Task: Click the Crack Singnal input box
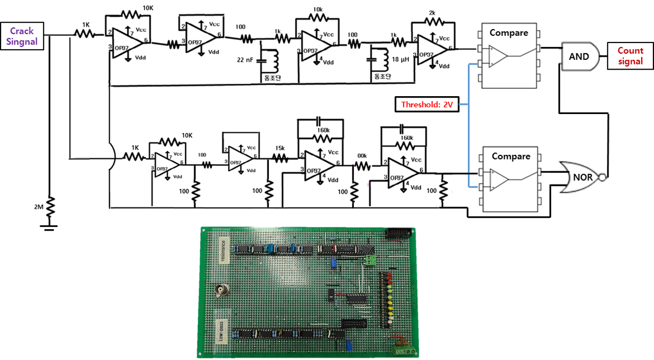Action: (24, 36)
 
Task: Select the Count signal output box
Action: (630, 56)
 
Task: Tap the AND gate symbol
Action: (580, 56)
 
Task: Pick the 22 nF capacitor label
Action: (245, 60)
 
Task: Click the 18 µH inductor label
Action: (400, 60)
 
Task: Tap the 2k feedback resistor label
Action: (432, 12)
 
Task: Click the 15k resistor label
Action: (280, 148)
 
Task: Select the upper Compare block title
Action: (508, 33)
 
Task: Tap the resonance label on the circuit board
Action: (222, 250)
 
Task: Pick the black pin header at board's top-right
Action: (399, 234)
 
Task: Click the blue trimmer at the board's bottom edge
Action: (349, 344)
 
